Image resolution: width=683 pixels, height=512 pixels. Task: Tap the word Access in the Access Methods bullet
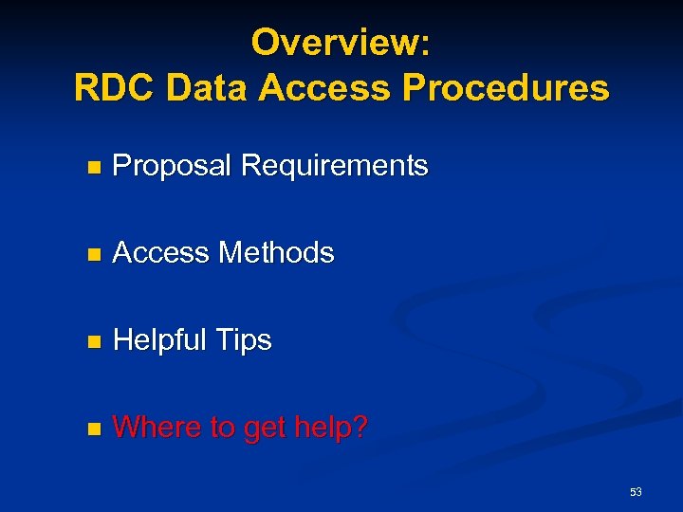click(161, 253)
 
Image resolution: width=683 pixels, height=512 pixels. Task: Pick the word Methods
click(276, 253)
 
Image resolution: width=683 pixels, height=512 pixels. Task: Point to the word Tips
click(245, 340)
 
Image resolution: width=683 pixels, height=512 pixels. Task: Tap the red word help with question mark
click(331, 428)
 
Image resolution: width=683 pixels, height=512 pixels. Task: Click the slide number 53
click(636, 492)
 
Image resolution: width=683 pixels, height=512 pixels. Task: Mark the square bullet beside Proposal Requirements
click(92, 168)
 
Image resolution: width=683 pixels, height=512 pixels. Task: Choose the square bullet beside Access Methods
click(92, 255)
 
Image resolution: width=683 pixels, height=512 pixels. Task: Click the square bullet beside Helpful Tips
click(92, 342)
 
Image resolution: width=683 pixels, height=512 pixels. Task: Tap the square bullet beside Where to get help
click(92, 430)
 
